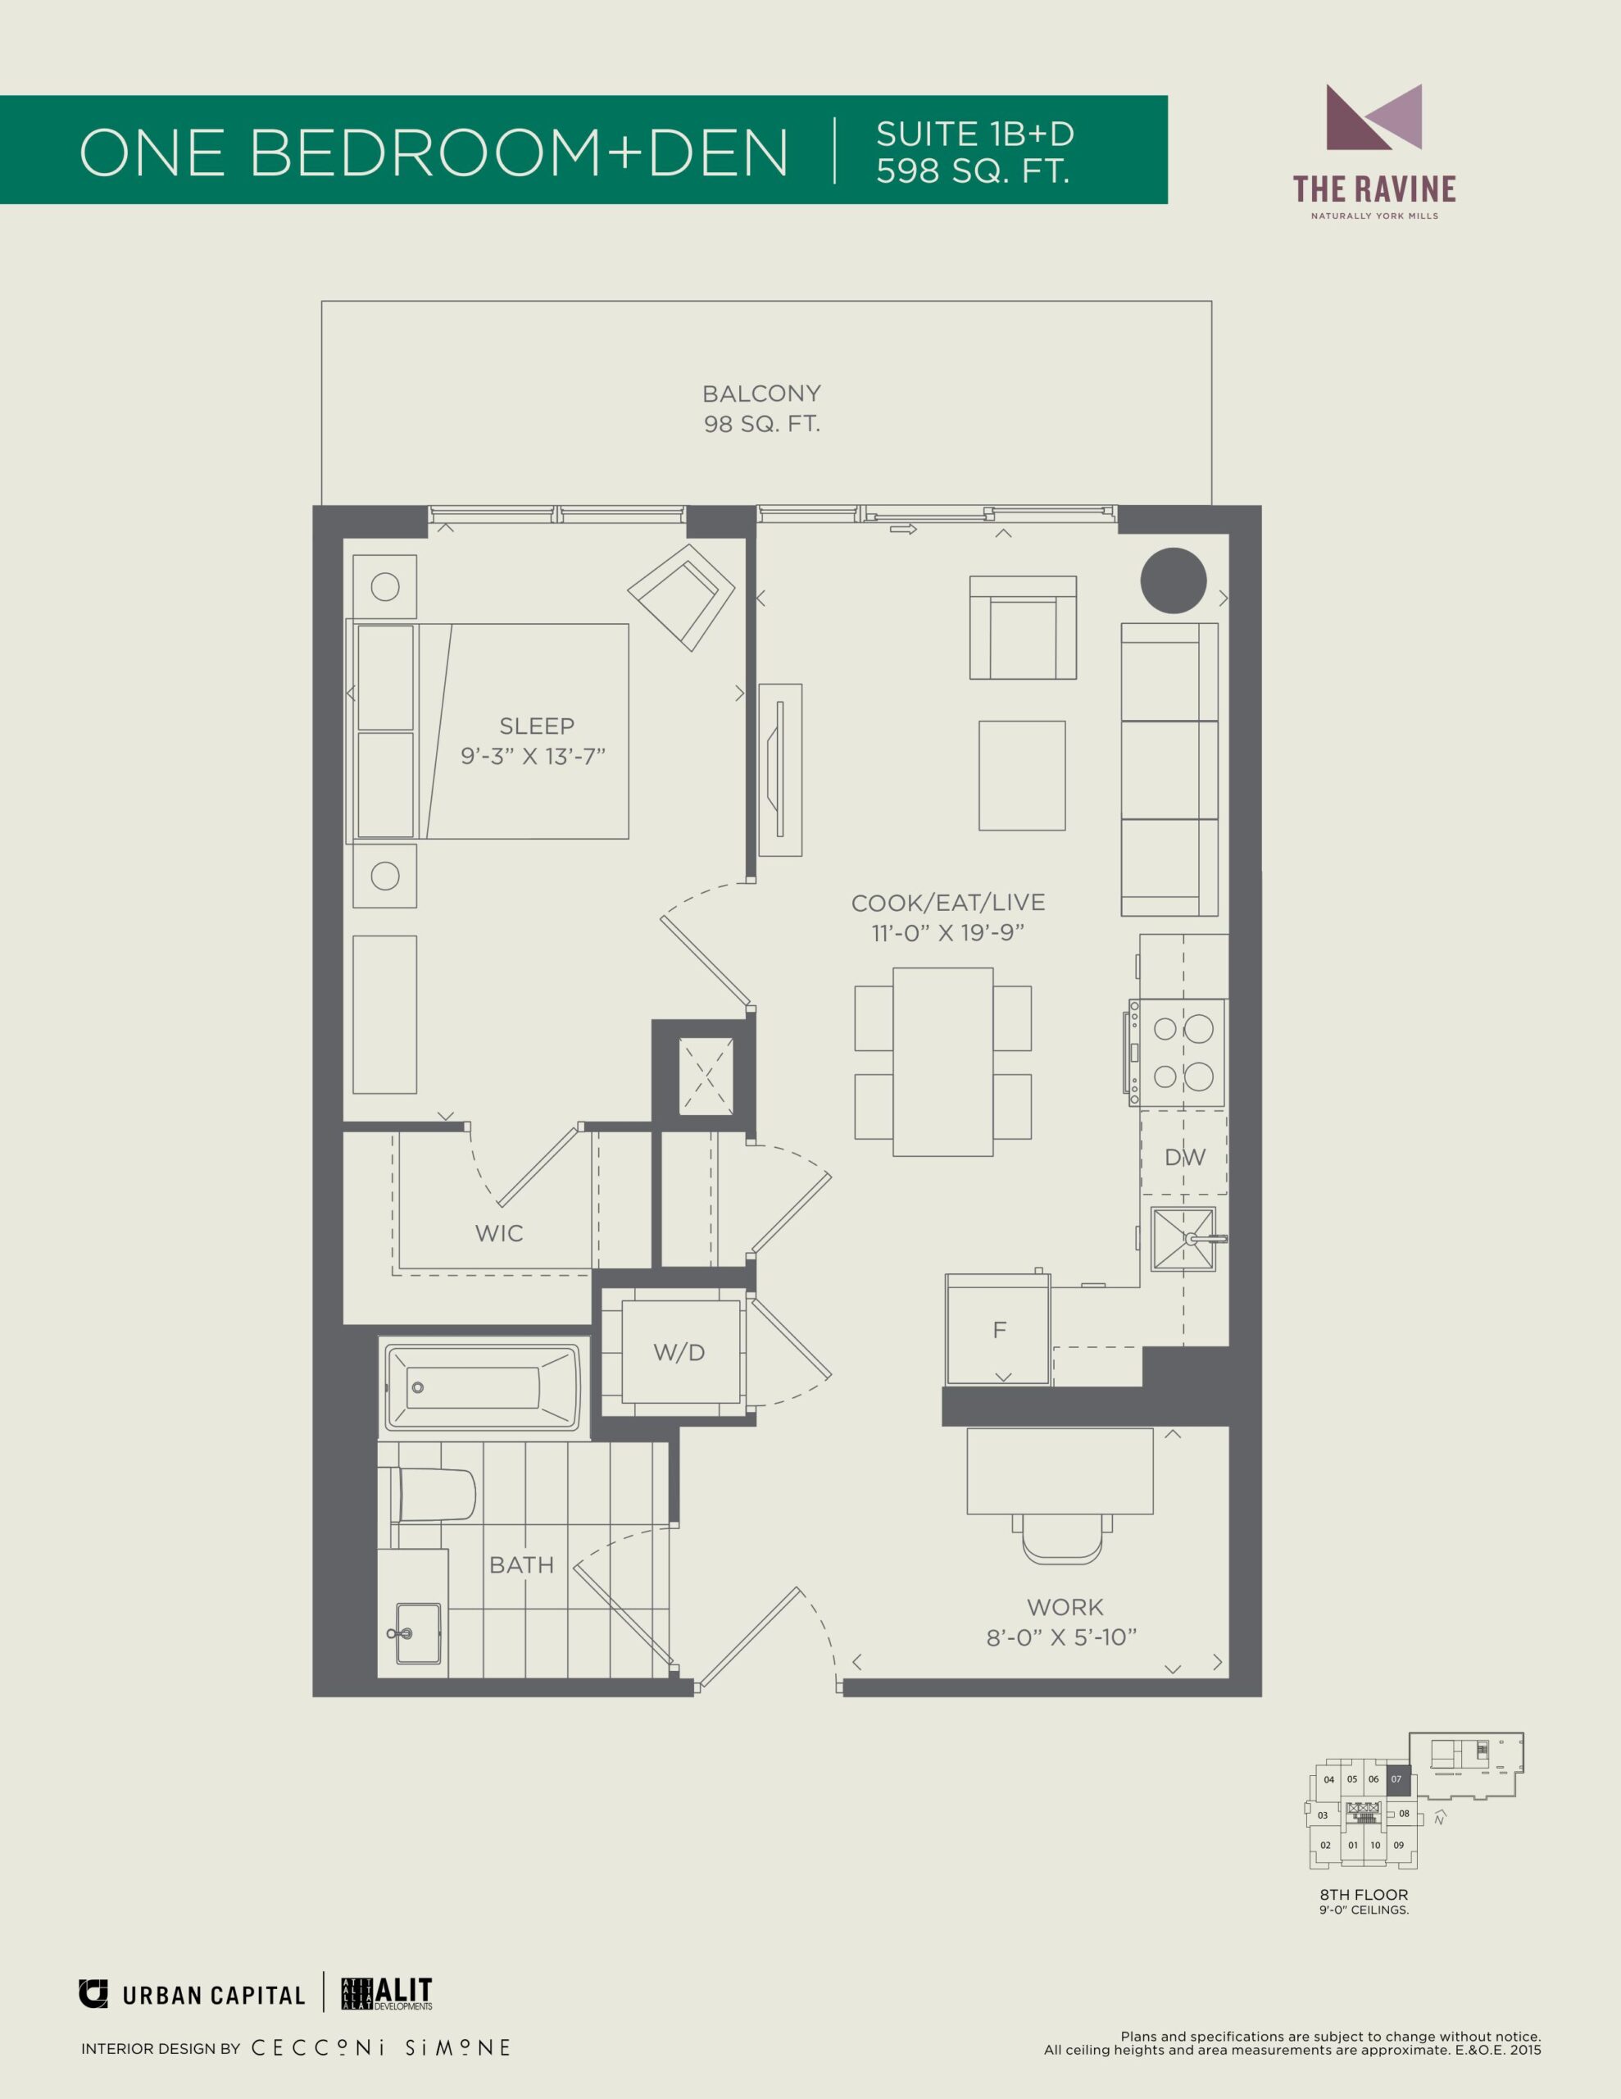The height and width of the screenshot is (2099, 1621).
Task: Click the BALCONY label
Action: [761, 393]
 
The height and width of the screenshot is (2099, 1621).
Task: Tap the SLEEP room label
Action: [536, 726]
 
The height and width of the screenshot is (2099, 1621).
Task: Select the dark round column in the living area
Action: [1174, 581]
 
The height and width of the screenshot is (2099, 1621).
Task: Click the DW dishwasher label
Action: [1185, 1157]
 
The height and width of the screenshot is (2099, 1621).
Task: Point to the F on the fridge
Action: [999, 1329]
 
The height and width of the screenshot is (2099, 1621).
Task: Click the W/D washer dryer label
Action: [679, 1352]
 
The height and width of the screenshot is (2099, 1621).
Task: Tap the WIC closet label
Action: [499, 1233]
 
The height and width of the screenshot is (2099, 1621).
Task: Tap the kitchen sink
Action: [1185, 1239]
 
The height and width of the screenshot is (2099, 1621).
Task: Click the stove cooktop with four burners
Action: [1177, 1053]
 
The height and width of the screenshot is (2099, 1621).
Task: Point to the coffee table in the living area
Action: [1021, 776]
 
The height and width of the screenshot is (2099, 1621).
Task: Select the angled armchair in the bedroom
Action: [681, 597]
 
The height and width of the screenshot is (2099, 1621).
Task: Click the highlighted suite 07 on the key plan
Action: [1397, 1778]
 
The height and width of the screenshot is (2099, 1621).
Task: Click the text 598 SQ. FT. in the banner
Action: [973, 171]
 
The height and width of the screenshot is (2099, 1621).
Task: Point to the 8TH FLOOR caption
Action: [1364, 1894]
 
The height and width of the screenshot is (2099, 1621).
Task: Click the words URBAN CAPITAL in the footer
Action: [213, 1997]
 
